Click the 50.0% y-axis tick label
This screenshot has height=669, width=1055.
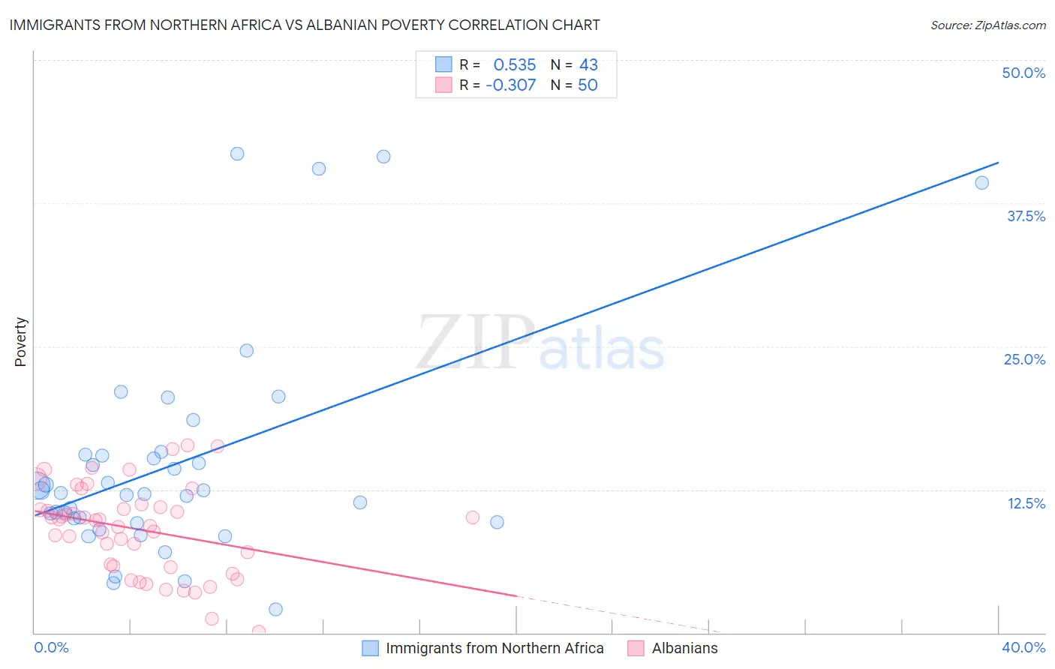(x=1023, y=73)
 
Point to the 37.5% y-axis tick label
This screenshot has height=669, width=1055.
(x=1026, y=216)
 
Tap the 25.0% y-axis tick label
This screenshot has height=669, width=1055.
(x=1024, y=359)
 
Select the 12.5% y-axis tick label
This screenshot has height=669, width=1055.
(x=1026, y=503)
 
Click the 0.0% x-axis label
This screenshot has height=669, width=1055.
(x=51, y=647)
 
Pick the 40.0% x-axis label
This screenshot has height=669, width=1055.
(x=1023, y=647)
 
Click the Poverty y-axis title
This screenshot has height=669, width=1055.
(x=20, y=342)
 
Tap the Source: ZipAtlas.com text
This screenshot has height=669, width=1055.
(x=987, y=25)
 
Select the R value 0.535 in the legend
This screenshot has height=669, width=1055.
(x=514, y=64)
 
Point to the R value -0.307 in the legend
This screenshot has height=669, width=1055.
(x=510, y=85)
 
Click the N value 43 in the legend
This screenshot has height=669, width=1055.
(x=588, y=64)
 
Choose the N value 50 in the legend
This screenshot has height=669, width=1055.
(x=588, y=85)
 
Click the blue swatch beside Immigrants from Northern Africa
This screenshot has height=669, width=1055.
(x=370, y=648)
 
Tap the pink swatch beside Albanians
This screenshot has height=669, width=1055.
(x=636, y=648)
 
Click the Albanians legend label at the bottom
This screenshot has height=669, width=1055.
(x=684, y=648)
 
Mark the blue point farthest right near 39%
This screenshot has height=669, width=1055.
(x=981, y=183)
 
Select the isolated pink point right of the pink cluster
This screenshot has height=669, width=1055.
(x=473, y=517)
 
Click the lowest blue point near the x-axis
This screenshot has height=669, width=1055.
(x=275, y=610)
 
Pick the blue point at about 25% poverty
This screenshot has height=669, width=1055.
(x=246, y=350)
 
